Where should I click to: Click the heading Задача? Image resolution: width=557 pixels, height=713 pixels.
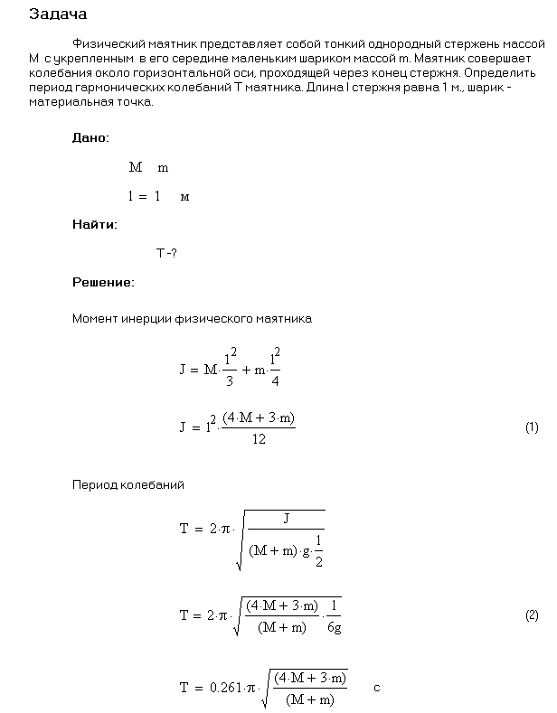59,14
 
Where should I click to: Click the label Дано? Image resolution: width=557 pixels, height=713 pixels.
90,138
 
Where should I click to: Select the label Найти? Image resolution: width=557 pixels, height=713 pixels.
95,224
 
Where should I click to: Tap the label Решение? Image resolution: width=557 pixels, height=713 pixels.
103,282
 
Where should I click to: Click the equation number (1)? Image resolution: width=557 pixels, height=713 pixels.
532,427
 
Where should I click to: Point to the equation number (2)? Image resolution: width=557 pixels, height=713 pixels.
532,615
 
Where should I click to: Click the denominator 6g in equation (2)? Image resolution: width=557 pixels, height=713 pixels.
335,627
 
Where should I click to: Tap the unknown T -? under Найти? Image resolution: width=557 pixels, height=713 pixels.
165,254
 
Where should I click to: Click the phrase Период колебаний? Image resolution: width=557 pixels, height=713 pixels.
128,485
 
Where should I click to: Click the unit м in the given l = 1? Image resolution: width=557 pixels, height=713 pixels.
185,196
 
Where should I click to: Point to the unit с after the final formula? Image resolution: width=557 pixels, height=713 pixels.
376,688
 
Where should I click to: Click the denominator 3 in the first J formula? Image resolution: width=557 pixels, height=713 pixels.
230,380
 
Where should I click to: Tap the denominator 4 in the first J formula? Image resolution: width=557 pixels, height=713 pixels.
275,380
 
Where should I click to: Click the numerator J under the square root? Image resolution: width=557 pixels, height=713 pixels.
285,519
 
